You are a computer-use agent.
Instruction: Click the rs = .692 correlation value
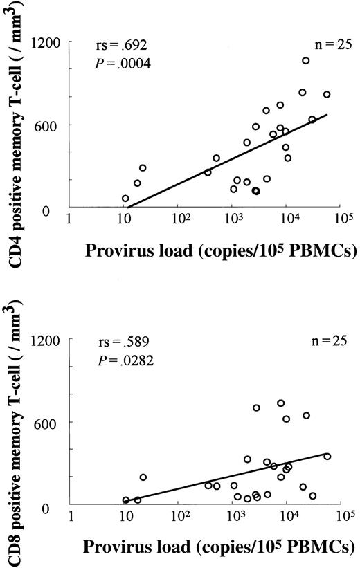(121, 48)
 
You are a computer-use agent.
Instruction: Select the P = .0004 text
(121, 64)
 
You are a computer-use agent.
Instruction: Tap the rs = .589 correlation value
(121, 343)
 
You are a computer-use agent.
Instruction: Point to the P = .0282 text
(121, 360)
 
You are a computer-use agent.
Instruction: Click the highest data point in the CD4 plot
(305, 61)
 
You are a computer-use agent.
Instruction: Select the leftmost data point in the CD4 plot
(125, 199)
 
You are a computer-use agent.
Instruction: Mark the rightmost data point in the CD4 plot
(327, 94)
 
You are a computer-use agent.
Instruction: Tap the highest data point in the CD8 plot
(280, 403)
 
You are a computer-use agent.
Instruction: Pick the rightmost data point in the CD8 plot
(327, 457)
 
